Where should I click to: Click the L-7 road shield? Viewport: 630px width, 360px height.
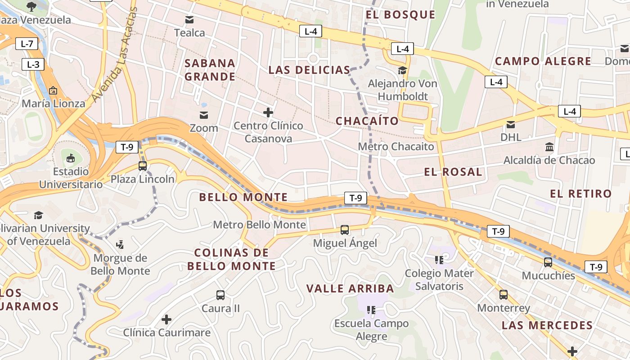tap(27, 44)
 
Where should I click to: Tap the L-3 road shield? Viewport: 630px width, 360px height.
tap(33, 64)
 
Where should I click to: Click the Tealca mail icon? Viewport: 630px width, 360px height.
tap(189, 20)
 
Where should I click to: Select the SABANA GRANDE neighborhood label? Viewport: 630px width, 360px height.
tap(210, 70)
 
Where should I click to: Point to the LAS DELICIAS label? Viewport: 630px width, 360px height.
tap(309, 70)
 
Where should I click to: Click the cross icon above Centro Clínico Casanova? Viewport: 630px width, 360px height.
tap(268, 112)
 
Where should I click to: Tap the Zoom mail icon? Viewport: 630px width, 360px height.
tap(204, 115)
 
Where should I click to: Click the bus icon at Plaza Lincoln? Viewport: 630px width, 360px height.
tap(143, 166)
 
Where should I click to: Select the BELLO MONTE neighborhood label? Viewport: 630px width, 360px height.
tap(243, 197)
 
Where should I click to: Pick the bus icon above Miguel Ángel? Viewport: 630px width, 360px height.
tap(345, 230)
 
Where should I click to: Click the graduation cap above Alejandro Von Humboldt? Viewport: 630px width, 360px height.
tap(402, 70)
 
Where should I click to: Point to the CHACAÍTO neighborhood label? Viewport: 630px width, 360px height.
tap(367, 121)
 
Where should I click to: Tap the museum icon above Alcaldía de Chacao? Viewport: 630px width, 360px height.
tap(549, 147)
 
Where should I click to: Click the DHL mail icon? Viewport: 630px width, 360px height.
tap(511, 124)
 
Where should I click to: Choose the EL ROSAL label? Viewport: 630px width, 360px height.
tap(453, 172)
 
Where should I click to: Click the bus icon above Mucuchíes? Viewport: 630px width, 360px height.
tap(548, 262)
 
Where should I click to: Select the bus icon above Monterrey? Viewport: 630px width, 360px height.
tap(504, 295)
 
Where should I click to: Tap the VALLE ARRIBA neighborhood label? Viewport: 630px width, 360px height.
tap(350, 288)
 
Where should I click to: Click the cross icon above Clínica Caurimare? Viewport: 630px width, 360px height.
tap(166, 319)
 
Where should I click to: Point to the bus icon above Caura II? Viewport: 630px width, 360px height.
tap(220, 295)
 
